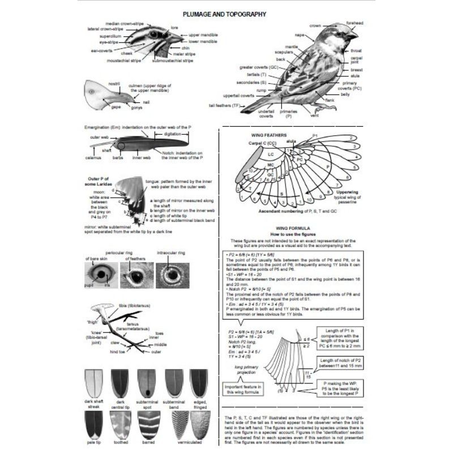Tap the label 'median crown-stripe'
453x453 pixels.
click(x=125, y=23)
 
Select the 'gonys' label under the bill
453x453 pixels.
click(x=136, y=107)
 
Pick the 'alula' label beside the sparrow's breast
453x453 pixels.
click(x=356, y=75)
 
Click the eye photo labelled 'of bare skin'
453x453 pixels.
click(x=99, y=276)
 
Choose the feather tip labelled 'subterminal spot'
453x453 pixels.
click(x=147, y=383)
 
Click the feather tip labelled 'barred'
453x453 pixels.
click(x=173, y=425)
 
